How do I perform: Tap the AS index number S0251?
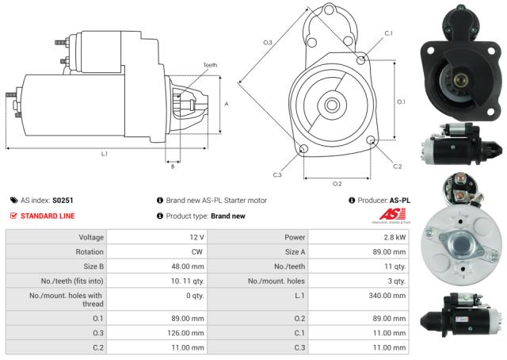[63, 201]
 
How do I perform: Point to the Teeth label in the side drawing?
[209, 65]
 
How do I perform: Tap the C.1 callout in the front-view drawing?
[388, 33]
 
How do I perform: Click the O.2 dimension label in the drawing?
[337, 183]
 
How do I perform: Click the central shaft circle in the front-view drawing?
[332, 105]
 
